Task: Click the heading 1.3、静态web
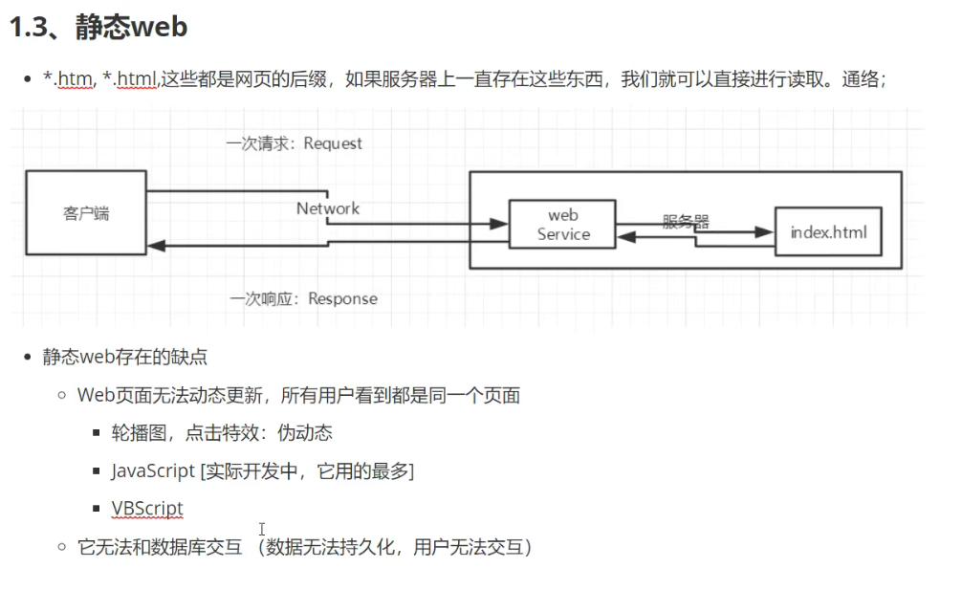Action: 98,27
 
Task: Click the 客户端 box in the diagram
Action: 86,213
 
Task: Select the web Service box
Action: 562,225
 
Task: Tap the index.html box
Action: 828,232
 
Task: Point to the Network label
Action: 328,208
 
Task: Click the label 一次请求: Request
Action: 295,143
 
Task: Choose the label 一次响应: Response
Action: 303,299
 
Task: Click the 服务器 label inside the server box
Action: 686,221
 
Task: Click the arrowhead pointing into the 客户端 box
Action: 156,246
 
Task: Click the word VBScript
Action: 146,509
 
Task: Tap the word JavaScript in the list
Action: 151,471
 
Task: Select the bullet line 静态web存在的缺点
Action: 125,358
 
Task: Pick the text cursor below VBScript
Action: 261,529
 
